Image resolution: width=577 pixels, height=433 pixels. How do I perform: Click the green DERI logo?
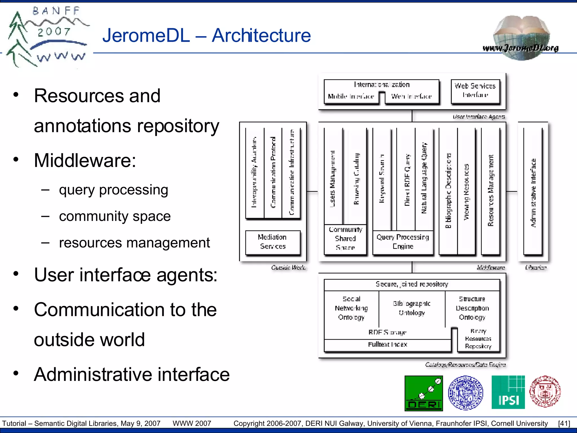click(423, 393)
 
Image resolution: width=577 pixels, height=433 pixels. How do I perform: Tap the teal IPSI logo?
click(508, 392)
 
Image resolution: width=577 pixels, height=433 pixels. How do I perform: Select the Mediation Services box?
click(273, 242)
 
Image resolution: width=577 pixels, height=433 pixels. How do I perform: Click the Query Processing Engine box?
click(403, 242)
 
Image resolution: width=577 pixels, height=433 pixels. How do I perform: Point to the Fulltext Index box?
click(387, 344)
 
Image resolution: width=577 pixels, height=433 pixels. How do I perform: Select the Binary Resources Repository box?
click(478, 339)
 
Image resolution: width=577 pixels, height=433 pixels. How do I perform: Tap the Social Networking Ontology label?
click(351, 308)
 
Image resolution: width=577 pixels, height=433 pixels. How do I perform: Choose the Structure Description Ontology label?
click(472, 308)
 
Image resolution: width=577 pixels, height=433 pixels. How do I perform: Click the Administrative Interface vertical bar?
click(533, 192)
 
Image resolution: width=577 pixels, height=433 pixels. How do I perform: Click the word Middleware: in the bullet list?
click(85, 160)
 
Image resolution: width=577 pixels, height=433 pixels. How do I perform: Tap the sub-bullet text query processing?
click(114, 190)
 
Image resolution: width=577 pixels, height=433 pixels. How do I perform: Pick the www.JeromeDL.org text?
click(520, 48)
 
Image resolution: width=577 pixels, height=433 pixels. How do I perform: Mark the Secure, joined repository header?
click(412, 284)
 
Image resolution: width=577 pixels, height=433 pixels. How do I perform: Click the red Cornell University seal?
click(545, 392)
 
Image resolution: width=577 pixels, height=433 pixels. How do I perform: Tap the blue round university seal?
click(465, 392)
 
